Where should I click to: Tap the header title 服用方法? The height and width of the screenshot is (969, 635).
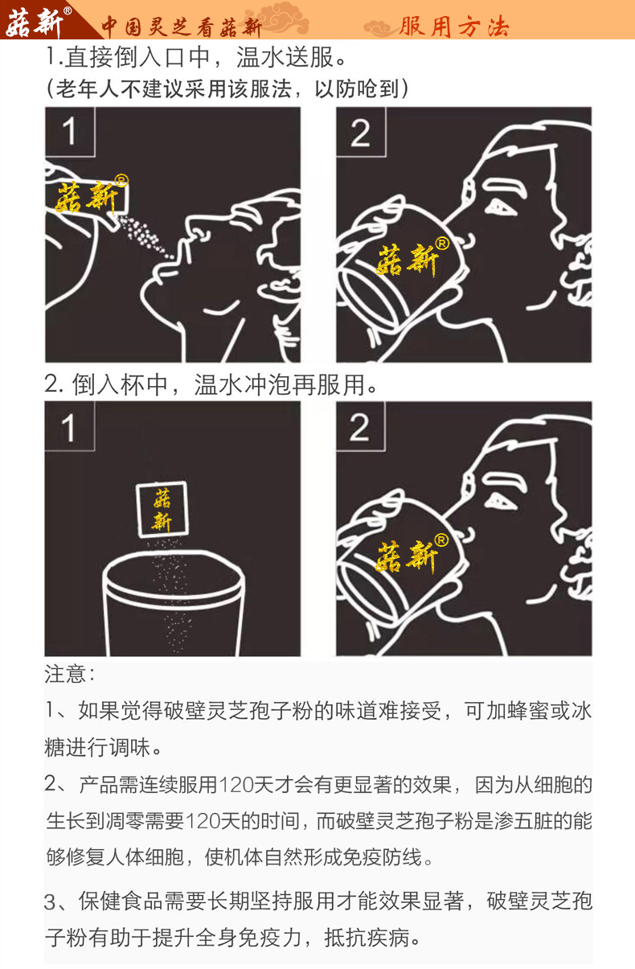454,27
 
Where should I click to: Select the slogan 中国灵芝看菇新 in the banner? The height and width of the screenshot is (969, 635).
182,27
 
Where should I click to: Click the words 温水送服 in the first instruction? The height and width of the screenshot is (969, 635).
285,58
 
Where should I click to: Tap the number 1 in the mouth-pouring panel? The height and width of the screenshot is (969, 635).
70,132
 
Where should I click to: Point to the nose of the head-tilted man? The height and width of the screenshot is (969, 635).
197,228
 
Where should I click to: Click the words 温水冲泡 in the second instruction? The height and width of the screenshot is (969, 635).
243,384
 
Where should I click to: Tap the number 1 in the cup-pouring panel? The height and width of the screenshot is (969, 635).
69,428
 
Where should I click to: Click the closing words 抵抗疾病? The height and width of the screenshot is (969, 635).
367,938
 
